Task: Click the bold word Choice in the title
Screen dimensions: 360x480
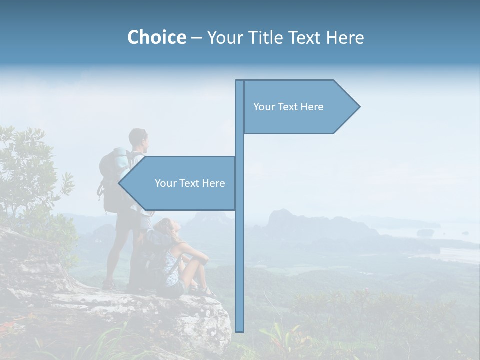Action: click(x=156, y=37)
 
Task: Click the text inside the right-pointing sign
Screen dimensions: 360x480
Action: click(x=288, y=107)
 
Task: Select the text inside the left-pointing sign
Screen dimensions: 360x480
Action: click(x=190, y=183)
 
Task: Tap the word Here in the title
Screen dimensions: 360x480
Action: click(x=345, y=37)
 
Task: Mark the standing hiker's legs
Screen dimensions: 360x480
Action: click(x=120, y=250)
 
